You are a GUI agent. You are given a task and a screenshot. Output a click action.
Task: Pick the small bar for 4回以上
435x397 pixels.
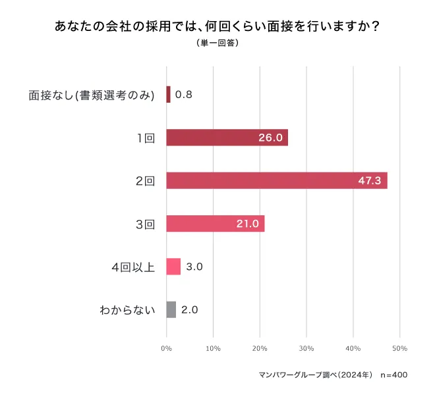tap(173, 267)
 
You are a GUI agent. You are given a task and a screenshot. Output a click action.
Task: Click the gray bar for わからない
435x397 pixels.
tap(171, 309)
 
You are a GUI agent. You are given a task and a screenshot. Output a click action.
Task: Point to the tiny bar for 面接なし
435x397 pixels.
tap(169, 95)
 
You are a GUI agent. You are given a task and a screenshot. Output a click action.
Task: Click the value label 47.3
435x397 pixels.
tap(370, 180)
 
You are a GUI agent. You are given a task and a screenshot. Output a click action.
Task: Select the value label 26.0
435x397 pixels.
tap(270, 138)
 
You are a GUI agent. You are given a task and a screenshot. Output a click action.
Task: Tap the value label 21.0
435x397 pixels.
tap(247, 224)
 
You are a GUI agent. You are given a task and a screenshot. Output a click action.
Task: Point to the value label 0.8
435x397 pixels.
tap(184, 95)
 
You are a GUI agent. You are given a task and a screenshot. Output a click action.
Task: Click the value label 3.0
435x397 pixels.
tap(194, 267)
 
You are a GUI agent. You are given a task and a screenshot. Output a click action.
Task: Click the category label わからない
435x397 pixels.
tap(127, 309)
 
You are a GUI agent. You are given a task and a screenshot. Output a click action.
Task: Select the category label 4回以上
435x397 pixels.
tap(133, 267)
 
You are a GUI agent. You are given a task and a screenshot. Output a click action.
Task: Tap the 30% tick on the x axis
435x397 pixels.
tap(306, 348)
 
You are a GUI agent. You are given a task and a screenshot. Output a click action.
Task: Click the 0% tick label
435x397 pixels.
tap(167, 348)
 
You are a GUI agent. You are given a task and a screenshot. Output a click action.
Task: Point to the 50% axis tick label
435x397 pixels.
tap(399, 348)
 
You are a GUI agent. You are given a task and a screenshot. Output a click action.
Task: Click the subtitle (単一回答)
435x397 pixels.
tap(217, 43)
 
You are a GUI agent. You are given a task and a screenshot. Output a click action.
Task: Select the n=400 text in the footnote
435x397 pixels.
tap(394, 375)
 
